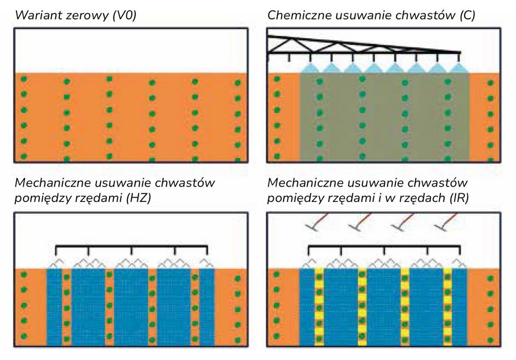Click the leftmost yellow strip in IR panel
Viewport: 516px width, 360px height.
pos(319,306)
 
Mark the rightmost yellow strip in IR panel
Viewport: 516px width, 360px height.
pos(447,306)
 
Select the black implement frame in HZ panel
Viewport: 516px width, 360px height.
pos(131,248)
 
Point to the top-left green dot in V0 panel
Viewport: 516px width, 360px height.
pos(24,80)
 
